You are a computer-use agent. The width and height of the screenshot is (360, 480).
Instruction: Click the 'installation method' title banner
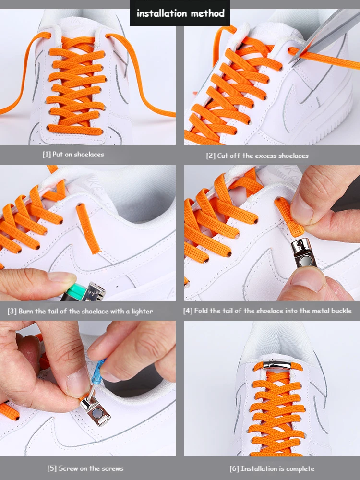[180, 13]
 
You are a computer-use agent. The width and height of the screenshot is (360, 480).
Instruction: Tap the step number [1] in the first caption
[47, 155]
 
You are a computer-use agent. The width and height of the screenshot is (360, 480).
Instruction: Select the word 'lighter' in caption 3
[142, 311]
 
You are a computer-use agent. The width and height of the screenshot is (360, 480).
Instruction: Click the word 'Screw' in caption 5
[69, 468]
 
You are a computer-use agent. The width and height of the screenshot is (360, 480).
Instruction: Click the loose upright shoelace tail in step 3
[89, 228]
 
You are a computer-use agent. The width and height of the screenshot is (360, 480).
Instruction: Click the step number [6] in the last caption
[234, 468]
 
